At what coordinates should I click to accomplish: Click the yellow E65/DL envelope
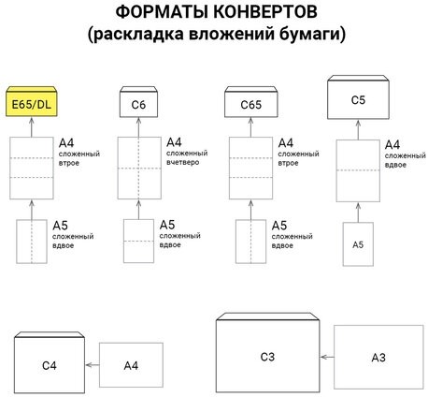click(x=31, y=102)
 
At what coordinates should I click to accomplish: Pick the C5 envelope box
click(x=357, y=97)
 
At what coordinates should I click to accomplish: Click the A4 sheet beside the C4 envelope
click(x=131, y=363)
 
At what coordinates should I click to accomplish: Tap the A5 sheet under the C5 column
click(x=358, y=243)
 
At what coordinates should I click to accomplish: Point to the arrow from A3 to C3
click(x=328, y=357)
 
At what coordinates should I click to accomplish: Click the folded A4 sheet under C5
click(x=358, y=169)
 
